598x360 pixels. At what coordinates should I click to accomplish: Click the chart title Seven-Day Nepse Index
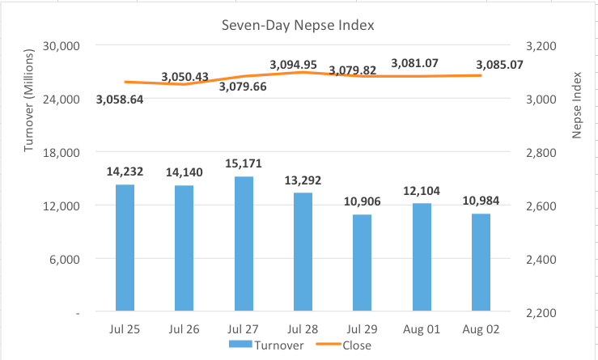point(298,25)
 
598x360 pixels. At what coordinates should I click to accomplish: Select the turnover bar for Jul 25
point(125,248)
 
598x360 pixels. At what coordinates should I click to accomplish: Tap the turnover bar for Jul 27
point(244,244)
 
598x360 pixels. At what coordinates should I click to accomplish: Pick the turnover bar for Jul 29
point(362,263)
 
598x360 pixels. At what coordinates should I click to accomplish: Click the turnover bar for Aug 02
point(481,262)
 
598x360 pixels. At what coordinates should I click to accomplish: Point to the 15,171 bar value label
point(244,164)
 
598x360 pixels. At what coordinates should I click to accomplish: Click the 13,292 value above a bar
point(303,180)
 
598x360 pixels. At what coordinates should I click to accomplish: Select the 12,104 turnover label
point(421,191)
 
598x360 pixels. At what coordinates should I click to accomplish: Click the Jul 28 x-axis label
point(303,329)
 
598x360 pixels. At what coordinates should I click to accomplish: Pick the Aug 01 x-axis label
point(421,329)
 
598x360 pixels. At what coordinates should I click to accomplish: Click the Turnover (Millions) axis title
point(29,99)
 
